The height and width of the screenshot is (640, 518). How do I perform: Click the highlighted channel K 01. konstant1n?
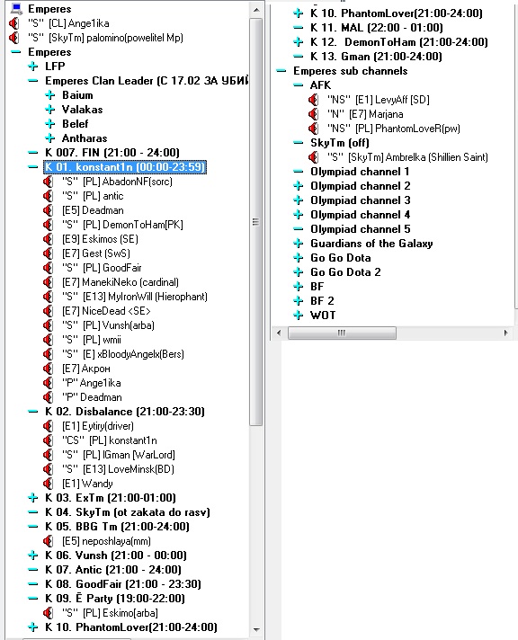pyautogui.click(x=125, y=167)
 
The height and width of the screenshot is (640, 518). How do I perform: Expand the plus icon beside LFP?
pyautogui.click(x=32, y=67)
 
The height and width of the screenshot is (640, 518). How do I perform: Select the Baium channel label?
pyautogui.click(x=77, y=95)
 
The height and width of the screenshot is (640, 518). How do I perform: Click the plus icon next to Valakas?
pyautogui.click(x=49, y=110)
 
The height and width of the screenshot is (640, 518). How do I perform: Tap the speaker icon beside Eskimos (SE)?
pyautogui.click(x=48, y=239)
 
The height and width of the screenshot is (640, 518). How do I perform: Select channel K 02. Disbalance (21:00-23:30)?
pyautogui.click(x=125, y=412)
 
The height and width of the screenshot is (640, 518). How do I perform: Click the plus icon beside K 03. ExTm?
pyautogui.click(x=32, y=498)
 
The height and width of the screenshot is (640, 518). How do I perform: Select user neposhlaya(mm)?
pyautogui.click(x=106, y=541)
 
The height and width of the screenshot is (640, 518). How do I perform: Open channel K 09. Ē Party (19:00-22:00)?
pyautogui.click(x=115, y=599)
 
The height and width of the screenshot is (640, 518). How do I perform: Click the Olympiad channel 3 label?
pyautogui.click(x=361, y=200)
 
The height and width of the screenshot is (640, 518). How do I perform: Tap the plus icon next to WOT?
pyautogui.click(x=299, y=316)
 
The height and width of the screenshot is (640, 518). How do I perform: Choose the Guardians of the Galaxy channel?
pyautogui.click(x=371, y=244)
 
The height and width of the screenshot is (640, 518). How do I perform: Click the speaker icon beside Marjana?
pyautogui.click(x=313, y=114)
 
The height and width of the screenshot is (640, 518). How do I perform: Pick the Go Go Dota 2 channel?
pyautogui.click(x=345, y=272)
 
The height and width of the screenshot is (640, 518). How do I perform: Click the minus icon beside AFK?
pyautogui.click(x=299, y=85)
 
